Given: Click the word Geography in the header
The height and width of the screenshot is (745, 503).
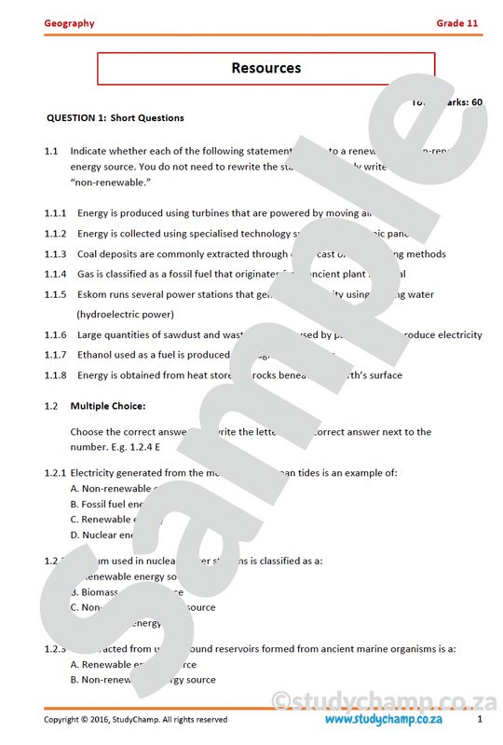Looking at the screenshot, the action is coord(69,23).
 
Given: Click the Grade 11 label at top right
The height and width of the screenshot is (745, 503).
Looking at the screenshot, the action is coord(459,23).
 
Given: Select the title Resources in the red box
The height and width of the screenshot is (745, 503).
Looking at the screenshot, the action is coord(265,68).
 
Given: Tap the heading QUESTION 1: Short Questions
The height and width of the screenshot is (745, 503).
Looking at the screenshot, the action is coord(116,118).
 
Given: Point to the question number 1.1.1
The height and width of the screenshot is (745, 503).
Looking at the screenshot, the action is coord(55,213).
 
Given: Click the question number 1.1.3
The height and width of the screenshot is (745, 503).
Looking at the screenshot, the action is coord(55,254).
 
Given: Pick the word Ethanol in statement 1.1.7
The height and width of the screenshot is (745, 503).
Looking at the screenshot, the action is coord(96,355).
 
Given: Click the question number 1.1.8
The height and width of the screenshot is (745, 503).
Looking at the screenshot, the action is coord(55,375).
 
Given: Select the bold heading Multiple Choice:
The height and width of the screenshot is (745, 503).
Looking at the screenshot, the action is coord(107,406).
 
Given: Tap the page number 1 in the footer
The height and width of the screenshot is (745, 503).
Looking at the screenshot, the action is coord(480,720).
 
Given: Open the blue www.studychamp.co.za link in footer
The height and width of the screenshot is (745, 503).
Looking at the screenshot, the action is coord(383,720).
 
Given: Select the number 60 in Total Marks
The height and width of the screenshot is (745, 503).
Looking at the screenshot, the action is coord(477,102).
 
